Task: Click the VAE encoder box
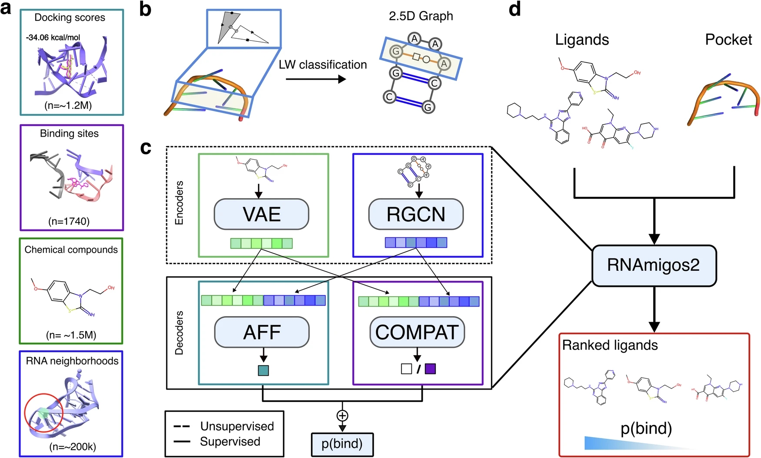261,214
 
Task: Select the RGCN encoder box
416,214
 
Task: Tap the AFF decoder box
262,332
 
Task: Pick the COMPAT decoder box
417,332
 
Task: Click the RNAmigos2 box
654,265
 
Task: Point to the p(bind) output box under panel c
342,444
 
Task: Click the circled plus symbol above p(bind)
342,415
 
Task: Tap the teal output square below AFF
263,370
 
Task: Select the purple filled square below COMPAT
430,369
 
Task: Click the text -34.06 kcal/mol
53,37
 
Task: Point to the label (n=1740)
69,221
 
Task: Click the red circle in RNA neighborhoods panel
44,414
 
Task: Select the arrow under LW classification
316,79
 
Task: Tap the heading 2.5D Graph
421,16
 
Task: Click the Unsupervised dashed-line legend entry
224,426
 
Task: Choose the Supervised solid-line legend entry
217,441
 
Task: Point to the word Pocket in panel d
728,40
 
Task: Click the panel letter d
514,9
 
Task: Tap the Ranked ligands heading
610,345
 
